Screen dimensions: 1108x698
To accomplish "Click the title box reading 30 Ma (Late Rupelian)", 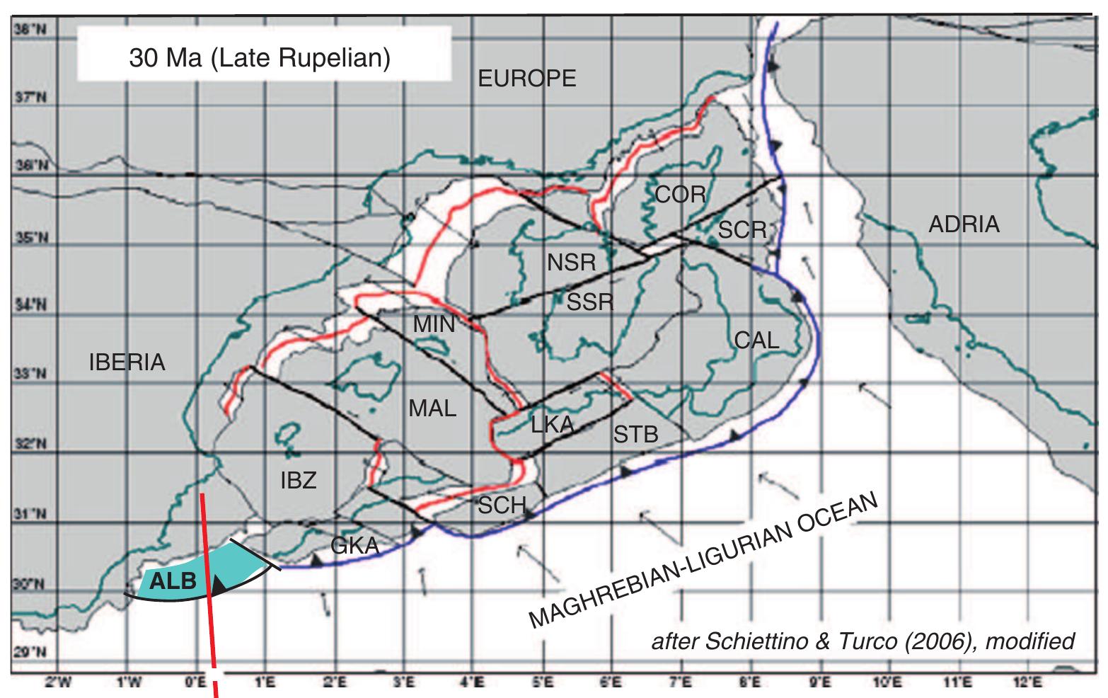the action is (260, 57).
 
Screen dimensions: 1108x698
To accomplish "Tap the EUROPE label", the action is (527, 78).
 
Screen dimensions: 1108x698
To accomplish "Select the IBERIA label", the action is (127, 362).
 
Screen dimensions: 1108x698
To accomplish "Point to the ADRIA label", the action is (964, 224).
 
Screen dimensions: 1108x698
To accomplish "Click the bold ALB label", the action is (173, 582).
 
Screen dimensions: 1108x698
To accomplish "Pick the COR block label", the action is (680, 194).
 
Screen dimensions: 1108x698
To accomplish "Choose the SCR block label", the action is (742, 229).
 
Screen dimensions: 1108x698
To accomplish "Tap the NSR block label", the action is (572, 263).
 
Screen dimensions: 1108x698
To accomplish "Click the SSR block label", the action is (589, 302).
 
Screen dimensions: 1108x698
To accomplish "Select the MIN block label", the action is (434, 324).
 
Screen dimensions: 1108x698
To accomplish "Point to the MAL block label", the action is (432, 408).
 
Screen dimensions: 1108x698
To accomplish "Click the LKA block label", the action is (552, 424).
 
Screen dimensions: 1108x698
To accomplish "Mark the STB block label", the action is (635, 433).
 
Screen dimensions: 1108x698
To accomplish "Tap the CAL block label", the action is (756, 340).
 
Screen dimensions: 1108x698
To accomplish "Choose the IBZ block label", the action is (298, 481).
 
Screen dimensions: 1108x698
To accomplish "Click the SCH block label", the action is (502, 505).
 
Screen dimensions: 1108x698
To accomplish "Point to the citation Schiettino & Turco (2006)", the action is (862, 641).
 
